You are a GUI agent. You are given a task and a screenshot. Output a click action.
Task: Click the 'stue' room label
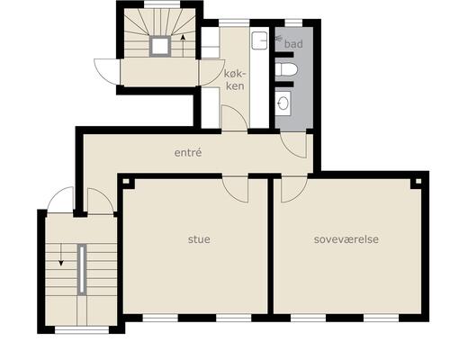click(x=199, y=239)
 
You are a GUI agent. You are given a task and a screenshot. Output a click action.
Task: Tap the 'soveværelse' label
click(x=346, y=239)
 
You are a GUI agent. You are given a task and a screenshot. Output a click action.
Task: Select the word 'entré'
click(x=188, y=152)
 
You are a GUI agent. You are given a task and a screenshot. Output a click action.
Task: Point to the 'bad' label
click(x=293, y=44)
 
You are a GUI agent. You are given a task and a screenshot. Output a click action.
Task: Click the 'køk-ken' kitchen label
click(x=235, y=80)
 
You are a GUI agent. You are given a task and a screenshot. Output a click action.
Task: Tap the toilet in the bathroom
click(x=286, y=69)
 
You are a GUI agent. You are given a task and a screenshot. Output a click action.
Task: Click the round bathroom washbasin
click(x=283, y=103)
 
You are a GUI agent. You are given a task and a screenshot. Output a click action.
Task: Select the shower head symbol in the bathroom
click(x=278, y=38)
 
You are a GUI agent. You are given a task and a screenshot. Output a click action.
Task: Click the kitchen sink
click(x=259, y=40)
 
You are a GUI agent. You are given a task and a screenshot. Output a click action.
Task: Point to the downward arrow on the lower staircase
click(x=61, y=255)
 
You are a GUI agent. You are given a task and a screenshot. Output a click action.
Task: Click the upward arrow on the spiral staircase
click(x=183, y=46)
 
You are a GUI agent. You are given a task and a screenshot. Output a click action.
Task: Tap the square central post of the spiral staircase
click(x=160, y=46)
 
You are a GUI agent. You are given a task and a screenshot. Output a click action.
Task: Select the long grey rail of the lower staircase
click(x=82, y=269)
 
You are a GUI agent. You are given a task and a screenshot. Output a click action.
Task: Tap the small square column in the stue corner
click(x=126, y=181)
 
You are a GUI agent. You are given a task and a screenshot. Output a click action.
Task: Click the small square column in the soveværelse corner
click(x=418, y=181)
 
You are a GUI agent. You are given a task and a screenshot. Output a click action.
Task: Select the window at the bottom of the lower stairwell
click(x=82, y=330)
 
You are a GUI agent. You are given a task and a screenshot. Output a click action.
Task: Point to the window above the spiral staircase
click(x=162, y=4)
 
